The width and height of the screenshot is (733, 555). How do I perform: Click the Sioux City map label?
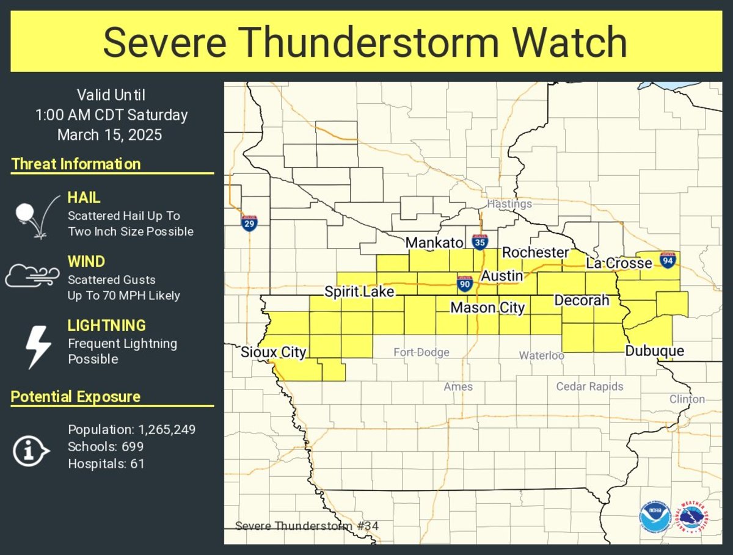click(273, 352)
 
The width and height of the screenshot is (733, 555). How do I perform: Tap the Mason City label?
click(487, 308)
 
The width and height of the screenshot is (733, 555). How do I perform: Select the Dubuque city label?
click(654, 351)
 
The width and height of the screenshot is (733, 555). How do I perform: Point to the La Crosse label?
click(619, 263)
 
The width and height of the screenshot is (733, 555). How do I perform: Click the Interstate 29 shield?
click(249, 223)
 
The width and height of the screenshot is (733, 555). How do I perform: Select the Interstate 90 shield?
click(465, 283)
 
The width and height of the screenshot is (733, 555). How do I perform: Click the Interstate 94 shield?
click(668, 259)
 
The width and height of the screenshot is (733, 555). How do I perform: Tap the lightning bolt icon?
click(37, 347)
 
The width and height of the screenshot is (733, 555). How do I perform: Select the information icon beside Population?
click(31, 451)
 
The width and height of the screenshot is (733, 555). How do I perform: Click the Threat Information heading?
click(76, 164)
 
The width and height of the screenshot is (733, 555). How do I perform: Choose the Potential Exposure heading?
click(76, 397)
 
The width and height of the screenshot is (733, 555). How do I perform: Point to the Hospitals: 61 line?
click(106, 463)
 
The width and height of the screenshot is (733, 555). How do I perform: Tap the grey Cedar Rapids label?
click(589, 386)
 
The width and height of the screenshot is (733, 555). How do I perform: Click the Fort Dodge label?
click(421, 352)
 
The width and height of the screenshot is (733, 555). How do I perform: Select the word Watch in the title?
click(569, 43)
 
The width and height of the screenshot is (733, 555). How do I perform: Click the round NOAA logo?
click(656, 518)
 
